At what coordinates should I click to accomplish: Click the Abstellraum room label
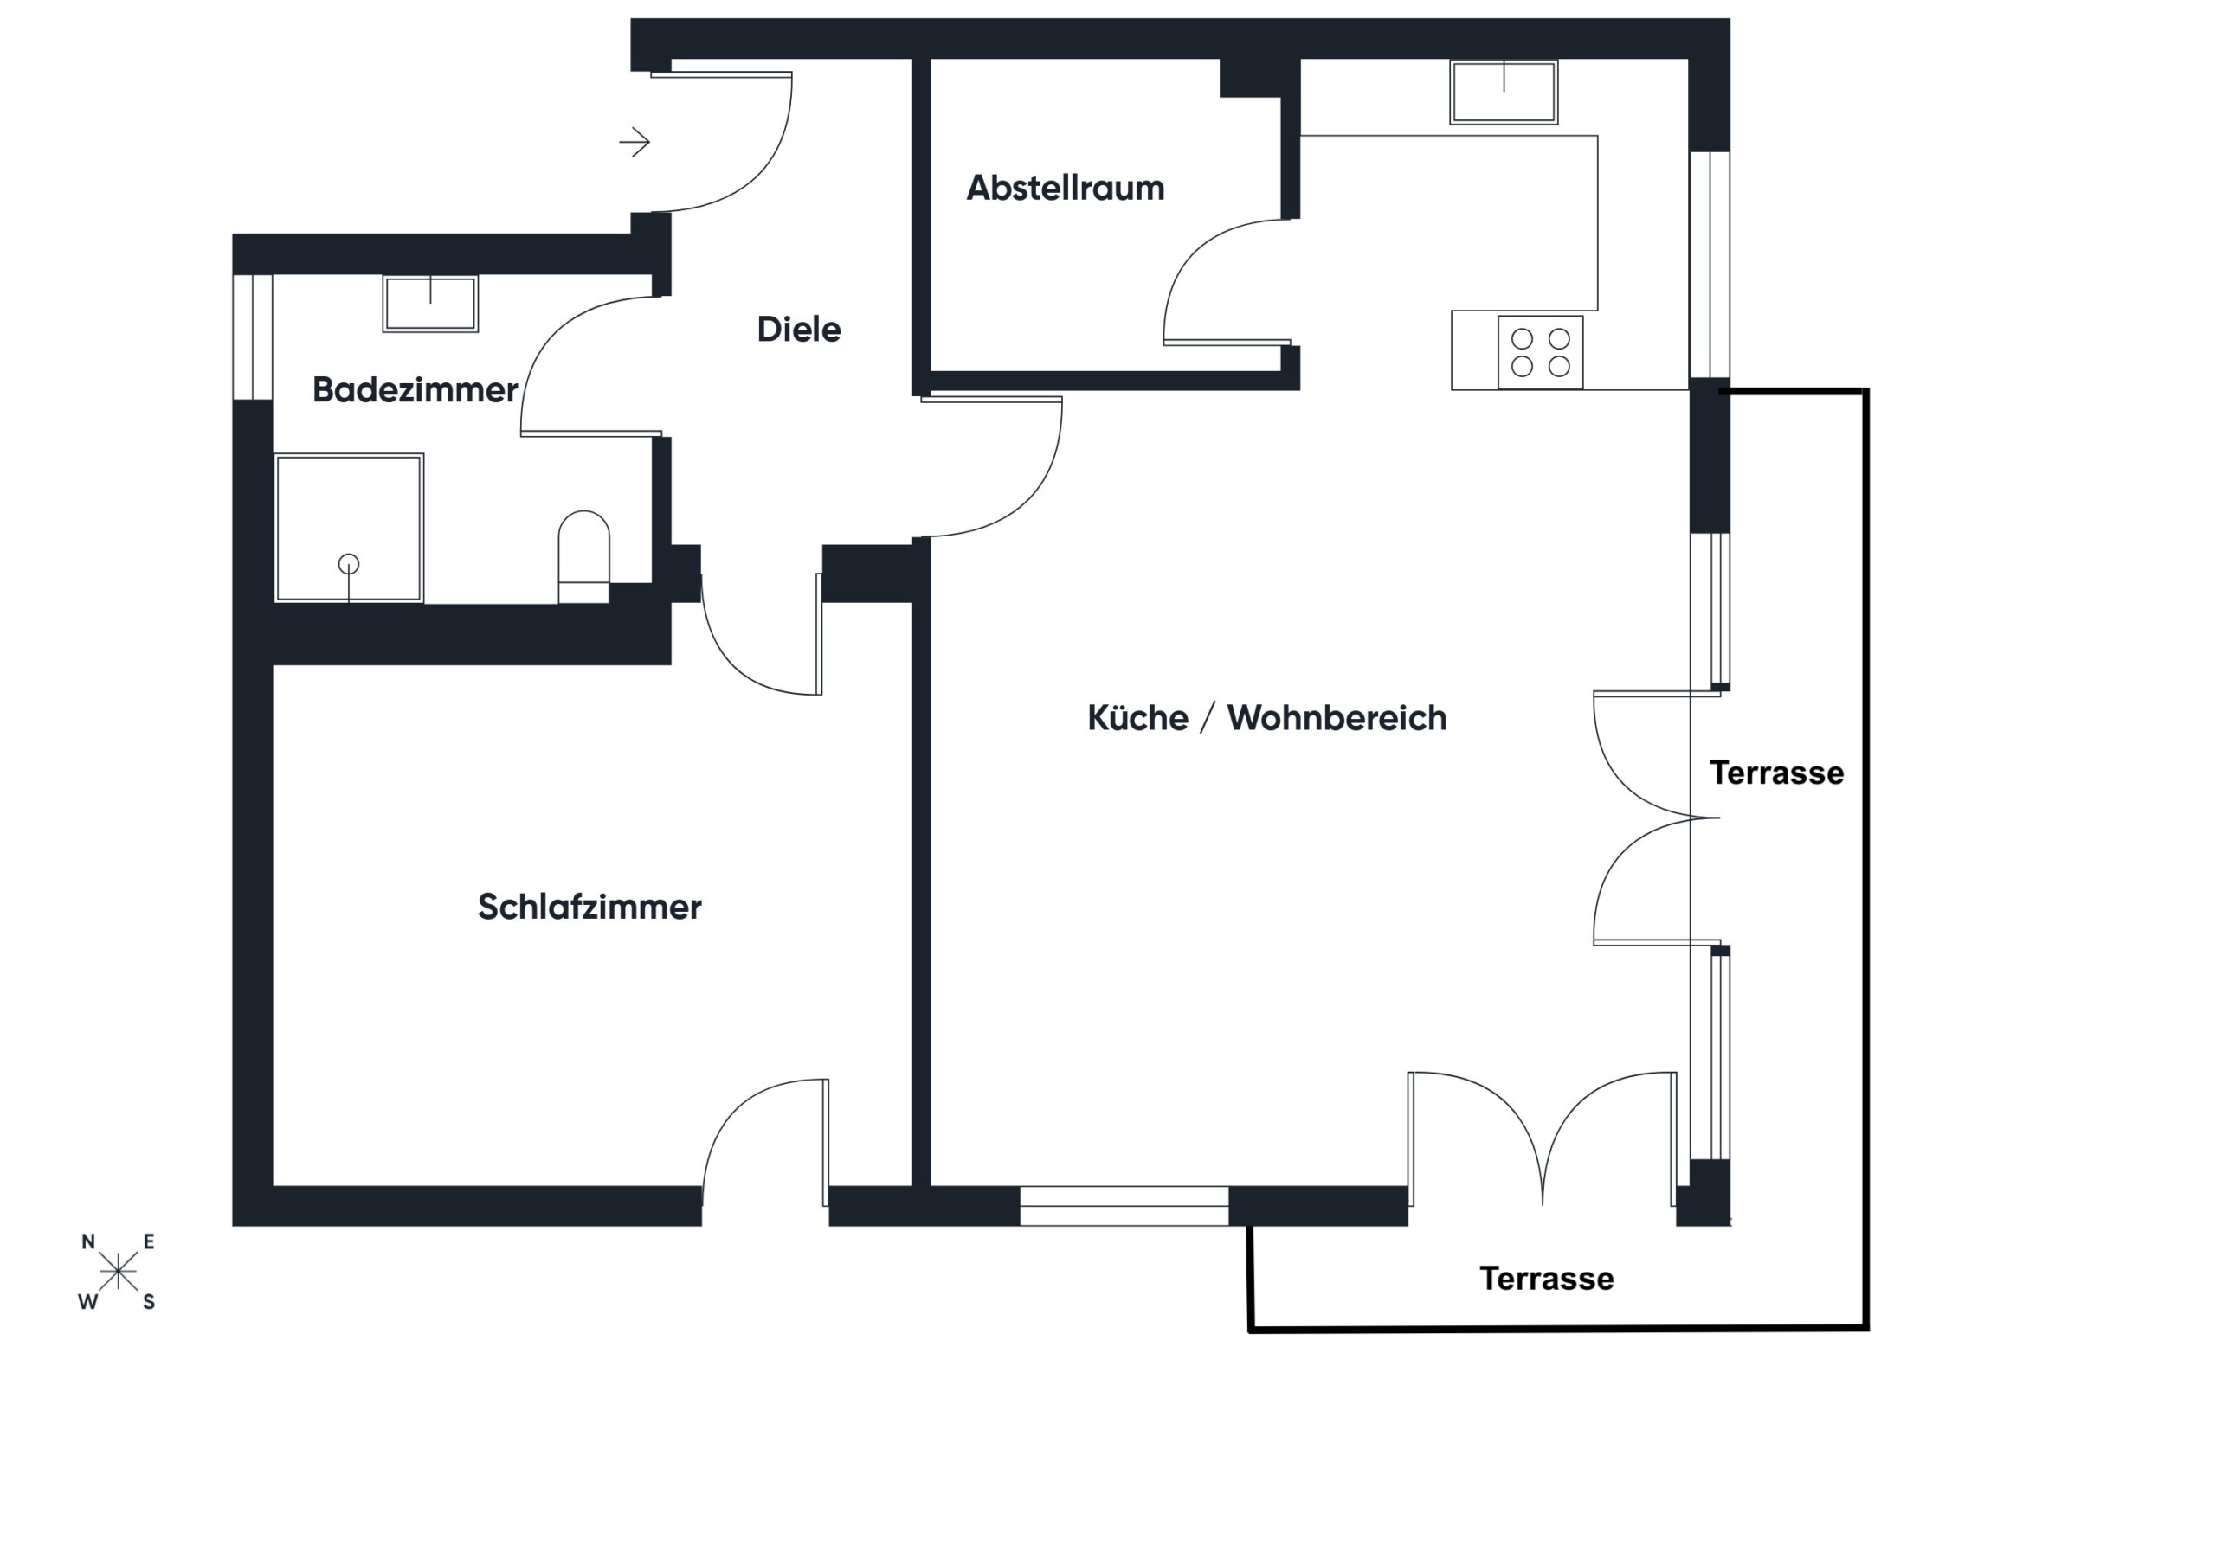pos(1065,187)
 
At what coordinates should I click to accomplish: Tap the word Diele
pos(798,329)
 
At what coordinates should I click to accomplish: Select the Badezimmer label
pos(414,390)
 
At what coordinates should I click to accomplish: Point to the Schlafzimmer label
pos(589,907)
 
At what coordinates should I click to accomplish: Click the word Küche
pos(1137,718)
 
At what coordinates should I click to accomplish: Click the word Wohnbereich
pos(1337,718)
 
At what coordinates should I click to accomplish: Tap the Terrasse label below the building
pos(1546,1279)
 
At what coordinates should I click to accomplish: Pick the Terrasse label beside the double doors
pos(1776,773)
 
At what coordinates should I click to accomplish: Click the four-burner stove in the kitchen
pos(1541,352)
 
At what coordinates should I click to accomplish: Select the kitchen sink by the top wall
pos(1504,93)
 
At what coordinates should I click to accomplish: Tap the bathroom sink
pos(430,304)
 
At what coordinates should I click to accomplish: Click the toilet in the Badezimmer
pos(584,555)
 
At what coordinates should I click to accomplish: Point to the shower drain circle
pos(349,563)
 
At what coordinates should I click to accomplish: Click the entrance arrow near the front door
pos(635,143)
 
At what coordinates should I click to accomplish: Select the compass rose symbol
pos(118,1271)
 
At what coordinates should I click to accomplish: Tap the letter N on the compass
pos(87,1241)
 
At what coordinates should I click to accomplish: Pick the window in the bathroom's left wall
pos(253,337)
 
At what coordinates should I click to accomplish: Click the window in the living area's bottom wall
pos(1124,1206)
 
